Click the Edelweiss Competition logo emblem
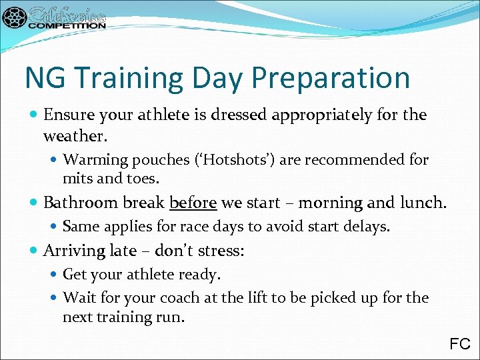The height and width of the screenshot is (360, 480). [15, 17]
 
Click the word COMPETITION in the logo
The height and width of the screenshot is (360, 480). [67, 25]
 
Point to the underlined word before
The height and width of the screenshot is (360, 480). [193, 203]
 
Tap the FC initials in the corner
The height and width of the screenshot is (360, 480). [460, 344]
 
